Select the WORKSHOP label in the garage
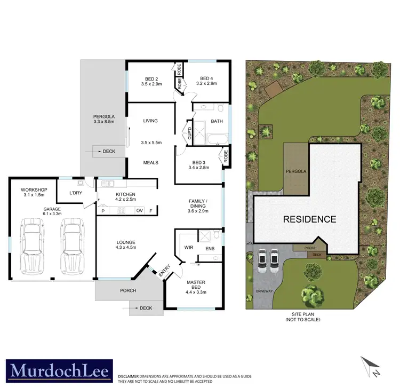(x=34, y=190)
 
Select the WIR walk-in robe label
(x=188, y=247)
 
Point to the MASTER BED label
(x=195, y=285)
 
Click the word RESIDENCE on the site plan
(x=309, y=219)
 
